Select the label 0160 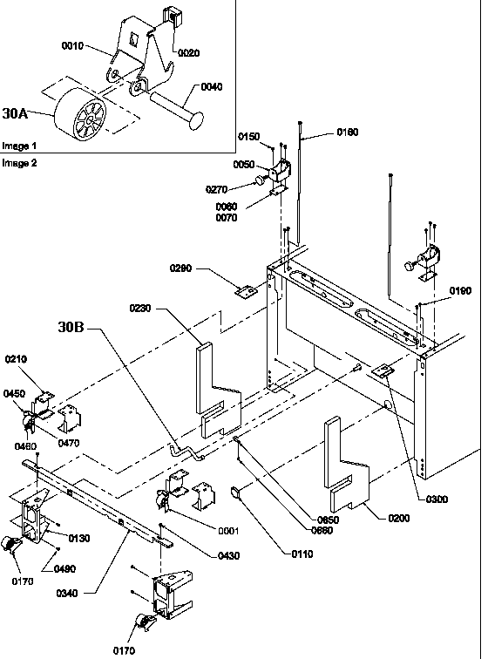point(347,132)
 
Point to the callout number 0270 point(217,188)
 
